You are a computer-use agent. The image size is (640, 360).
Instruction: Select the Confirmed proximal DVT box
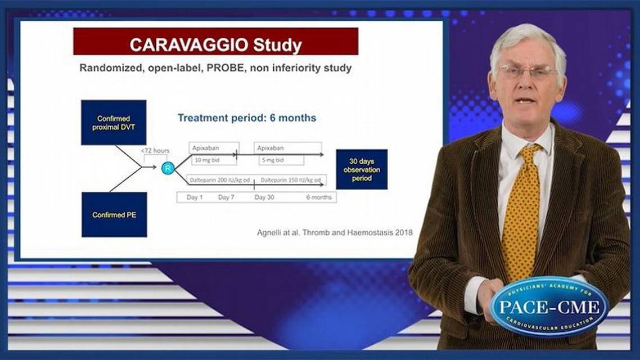pyautogui.click(x=114, y=123)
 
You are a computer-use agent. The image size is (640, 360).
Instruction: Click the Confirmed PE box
pyautogui.click(x=114, y=214)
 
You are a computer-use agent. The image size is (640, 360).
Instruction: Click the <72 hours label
pyautogui.click(x=155, y=151)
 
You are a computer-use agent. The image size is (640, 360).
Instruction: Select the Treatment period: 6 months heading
pyautogui.click(x=247, y=118)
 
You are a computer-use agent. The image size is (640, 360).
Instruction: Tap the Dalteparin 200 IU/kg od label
pyautogui.click(x=219, y=181)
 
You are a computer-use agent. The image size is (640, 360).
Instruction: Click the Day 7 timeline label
pyautogui.click(x=226, y=197)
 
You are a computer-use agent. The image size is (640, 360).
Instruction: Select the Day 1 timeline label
pyautogui.click(x=194, y=197)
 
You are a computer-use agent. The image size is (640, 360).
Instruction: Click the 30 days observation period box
pyautogui.click(x=361, y=169)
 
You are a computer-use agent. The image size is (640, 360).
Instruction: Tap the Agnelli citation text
pyautogui.click(x=331, y=232)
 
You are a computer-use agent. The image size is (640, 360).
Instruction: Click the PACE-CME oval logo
pyautogui.click(x=549, y=307)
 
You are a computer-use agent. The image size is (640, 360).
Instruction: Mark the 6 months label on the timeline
pyautogui.click(x=318, y=197)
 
